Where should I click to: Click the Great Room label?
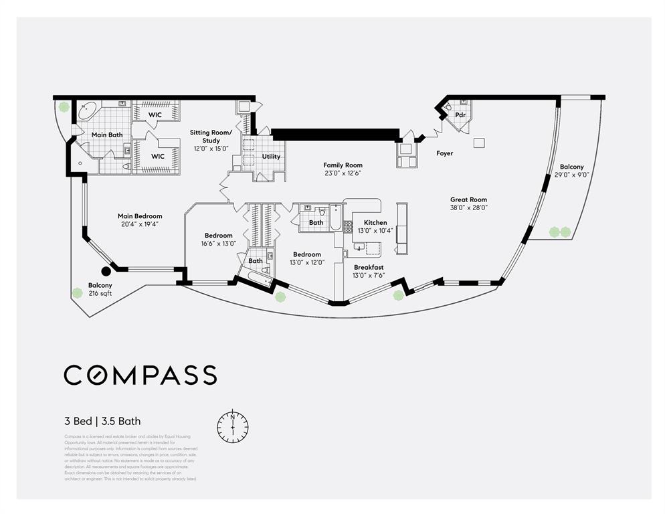tap(468, 199)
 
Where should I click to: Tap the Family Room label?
tap(343, 165)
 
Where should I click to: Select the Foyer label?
tap(444, 153)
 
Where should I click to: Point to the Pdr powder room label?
tap(460, 115)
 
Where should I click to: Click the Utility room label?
tap(271, 157)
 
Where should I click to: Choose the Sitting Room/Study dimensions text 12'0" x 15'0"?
tap(210, 149)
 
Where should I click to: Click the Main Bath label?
tap(107, 135)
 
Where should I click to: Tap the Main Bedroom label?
tap(140, 216)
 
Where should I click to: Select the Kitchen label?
tap(375, 222)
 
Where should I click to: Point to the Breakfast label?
tap(368, 267)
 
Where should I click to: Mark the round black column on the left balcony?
tap(106, 271)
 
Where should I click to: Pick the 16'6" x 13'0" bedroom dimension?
tap(219, 244)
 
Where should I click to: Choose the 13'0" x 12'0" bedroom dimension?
tap(307, 262)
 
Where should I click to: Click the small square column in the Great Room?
tap(479, 143)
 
